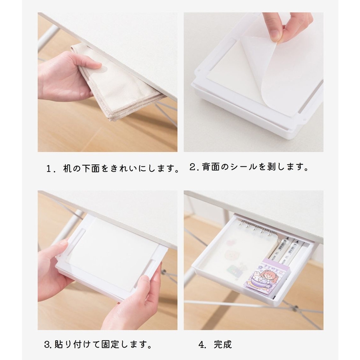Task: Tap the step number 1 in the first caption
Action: point(49,169)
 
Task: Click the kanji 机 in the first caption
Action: point(67,168)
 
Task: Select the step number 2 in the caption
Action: point(192,167)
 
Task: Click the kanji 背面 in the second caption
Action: point(211,167)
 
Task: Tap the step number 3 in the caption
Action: point(47,344)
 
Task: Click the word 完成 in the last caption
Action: point(223,344)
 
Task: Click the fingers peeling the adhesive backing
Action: point(287,25)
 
